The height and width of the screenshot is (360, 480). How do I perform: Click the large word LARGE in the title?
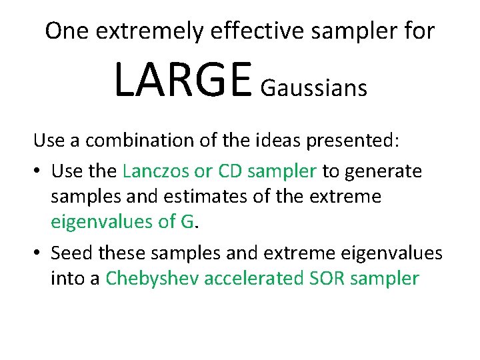pyautogui.click(x=183, y=79)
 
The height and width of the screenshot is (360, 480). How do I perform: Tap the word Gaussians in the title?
pyautogui.click(x=314, y=88)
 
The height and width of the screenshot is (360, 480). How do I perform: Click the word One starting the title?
pyautogui.click(x=65, y=31)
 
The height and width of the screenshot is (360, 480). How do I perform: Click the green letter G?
pyautogui.click(x=187, y=223)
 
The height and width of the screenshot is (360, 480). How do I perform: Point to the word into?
pyautogui.click(x=67, y=278)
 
